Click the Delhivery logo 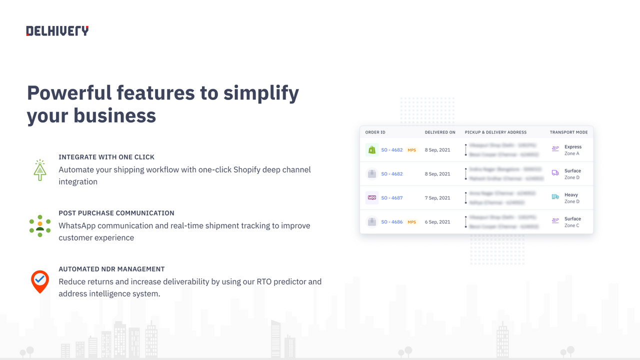(57, 31)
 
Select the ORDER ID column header (375, 132)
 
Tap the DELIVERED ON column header (440, 132)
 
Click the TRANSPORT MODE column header (568, 132)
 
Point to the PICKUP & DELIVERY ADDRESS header (495, 132)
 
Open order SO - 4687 (391, 198)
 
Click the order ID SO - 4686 (391, 222)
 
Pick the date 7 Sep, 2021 (437, 198)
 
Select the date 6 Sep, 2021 (437, 222)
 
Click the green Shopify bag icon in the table (371, 150)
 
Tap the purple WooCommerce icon (371, 197)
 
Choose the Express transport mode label (573, 147)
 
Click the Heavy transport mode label (571, 195)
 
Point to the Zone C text (572, 225)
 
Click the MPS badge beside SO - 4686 (411, 222)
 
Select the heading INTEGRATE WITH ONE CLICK (106, 157)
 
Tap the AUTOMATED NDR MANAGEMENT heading (111, 269)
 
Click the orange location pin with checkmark (40, 281)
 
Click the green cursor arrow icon (39, 170)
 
